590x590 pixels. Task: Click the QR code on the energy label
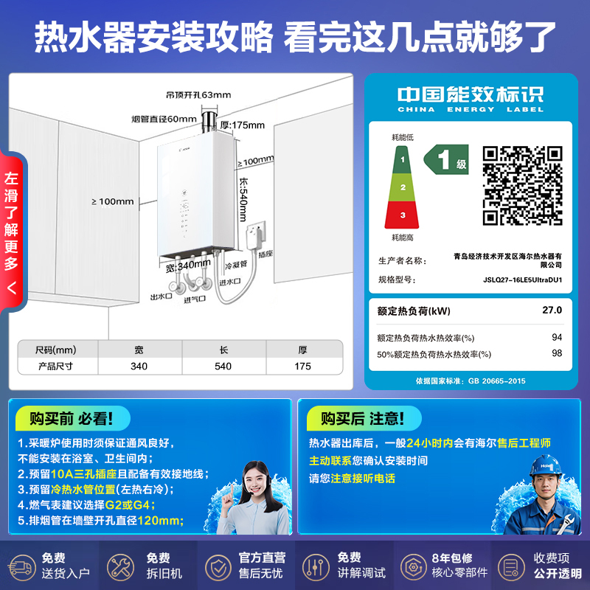522,186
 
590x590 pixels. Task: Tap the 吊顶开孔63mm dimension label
198,94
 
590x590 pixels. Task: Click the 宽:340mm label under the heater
187,265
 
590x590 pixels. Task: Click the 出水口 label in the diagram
160,296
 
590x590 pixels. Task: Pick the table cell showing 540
223,366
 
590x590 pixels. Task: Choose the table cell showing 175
302,366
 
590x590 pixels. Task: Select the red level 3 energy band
402,215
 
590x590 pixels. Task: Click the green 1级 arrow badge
445,159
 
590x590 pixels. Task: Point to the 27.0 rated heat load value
552,310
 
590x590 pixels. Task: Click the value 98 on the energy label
557,353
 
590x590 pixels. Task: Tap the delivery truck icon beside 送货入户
21,566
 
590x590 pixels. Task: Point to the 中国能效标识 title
470,94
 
